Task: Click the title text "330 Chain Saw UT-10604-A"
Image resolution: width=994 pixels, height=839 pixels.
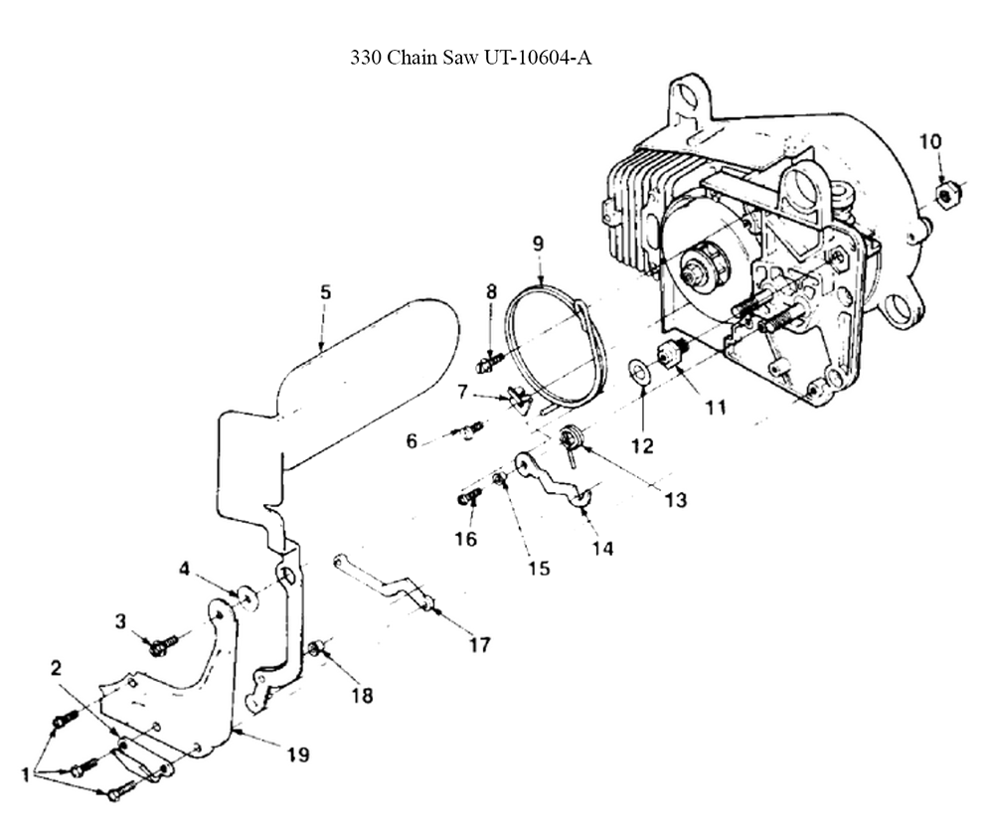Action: [471, 58]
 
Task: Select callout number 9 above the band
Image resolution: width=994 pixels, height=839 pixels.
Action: [538, 243]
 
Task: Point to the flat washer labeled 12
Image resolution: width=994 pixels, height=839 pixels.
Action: [637, 371]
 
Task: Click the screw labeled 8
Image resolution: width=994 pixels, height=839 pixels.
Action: [489, 362]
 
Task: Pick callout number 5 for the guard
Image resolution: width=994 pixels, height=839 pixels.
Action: [325, 292]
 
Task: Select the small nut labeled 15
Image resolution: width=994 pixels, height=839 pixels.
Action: [499, 479]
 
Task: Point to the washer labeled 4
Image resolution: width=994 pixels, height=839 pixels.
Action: [248, 597]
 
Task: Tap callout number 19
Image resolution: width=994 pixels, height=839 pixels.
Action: [298, 755]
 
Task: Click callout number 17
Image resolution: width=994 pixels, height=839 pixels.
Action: [479, 644]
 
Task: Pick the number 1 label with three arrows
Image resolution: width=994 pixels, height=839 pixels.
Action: [25, 774]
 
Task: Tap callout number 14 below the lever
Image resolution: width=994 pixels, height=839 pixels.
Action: [602, 549]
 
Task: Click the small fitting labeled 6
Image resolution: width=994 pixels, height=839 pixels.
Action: [470, 429]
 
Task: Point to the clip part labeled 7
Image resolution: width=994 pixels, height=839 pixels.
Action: [517, 399]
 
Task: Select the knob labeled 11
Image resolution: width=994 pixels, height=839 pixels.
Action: [669, 352]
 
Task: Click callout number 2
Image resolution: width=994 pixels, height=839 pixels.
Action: [57, 668]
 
